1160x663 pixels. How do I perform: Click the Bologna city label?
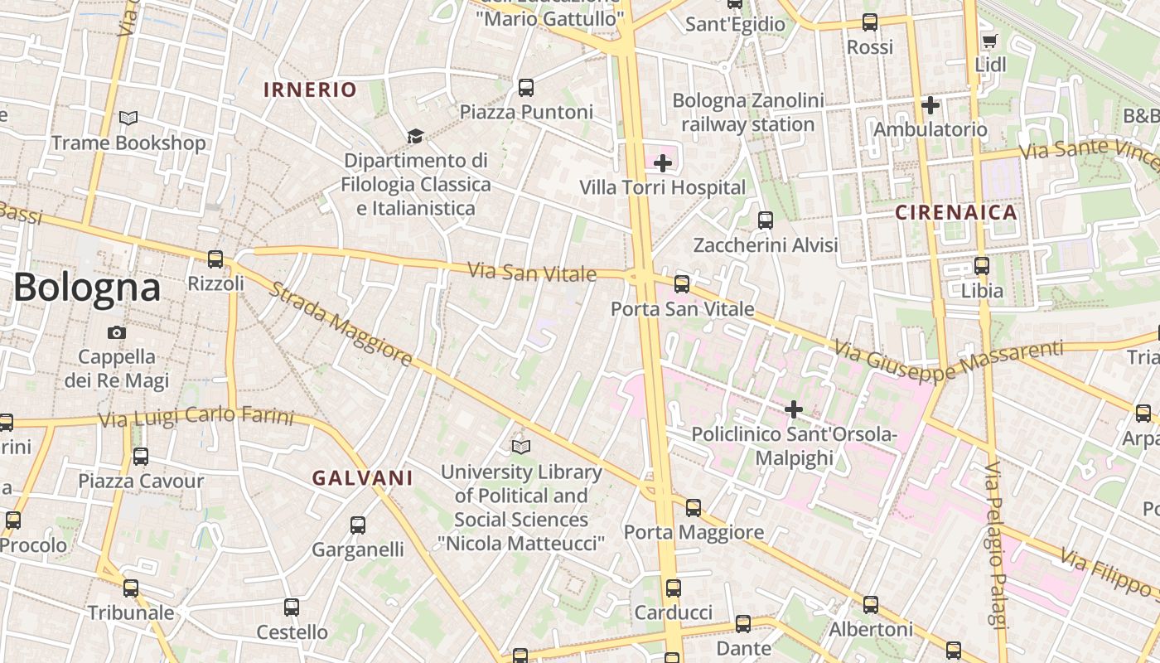coord(87,288)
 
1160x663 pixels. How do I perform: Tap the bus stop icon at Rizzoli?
coord(215,259)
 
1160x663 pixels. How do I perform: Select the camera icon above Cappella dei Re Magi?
coord(117,332)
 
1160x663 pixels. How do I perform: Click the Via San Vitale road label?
coord(532,272)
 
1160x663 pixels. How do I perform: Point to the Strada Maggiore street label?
coord(341,325)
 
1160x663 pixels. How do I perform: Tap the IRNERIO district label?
coord(310,90)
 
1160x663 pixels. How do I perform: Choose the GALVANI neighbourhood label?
coord(362,477)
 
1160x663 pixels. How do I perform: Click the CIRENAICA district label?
coord(955,212)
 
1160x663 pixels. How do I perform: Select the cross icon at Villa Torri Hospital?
coord(663,163)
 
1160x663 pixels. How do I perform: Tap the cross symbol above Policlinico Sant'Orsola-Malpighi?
coord(794,409)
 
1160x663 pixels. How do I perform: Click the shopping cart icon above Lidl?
coord(988,41)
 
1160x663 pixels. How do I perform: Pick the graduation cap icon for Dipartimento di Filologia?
coord(414,136)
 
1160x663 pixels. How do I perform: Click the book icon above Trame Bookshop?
coord(128,119)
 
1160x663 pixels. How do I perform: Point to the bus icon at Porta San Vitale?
coord(682,284)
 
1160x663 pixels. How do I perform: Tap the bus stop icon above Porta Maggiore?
coord(694,508)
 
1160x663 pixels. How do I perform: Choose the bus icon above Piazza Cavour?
coord(141,456)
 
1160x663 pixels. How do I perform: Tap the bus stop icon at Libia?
coord(982,266)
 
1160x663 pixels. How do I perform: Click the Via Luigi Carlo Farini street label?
coord(196,417)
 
